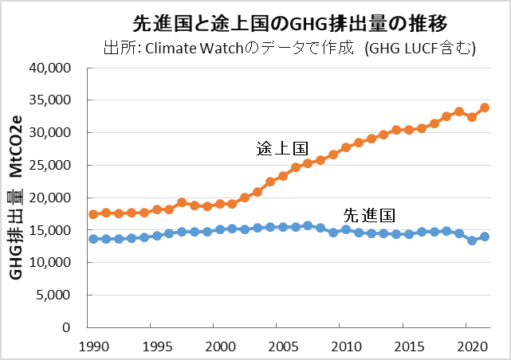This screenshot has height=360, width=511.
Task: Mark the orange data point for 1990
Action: tap(93, 214)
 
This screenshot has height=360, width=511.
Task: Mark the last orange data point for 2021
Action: tap(485, 108)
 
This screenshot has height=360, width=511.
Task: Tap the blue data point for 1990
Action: tap(93, 239)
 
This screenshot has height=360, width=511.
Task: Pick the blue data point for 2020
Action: tap(472, 241)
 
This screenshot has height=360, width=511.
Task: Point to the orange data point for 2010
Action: tap(346, 147)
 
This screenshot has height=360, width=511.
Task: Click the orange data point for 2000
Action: tap(219, 203)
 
